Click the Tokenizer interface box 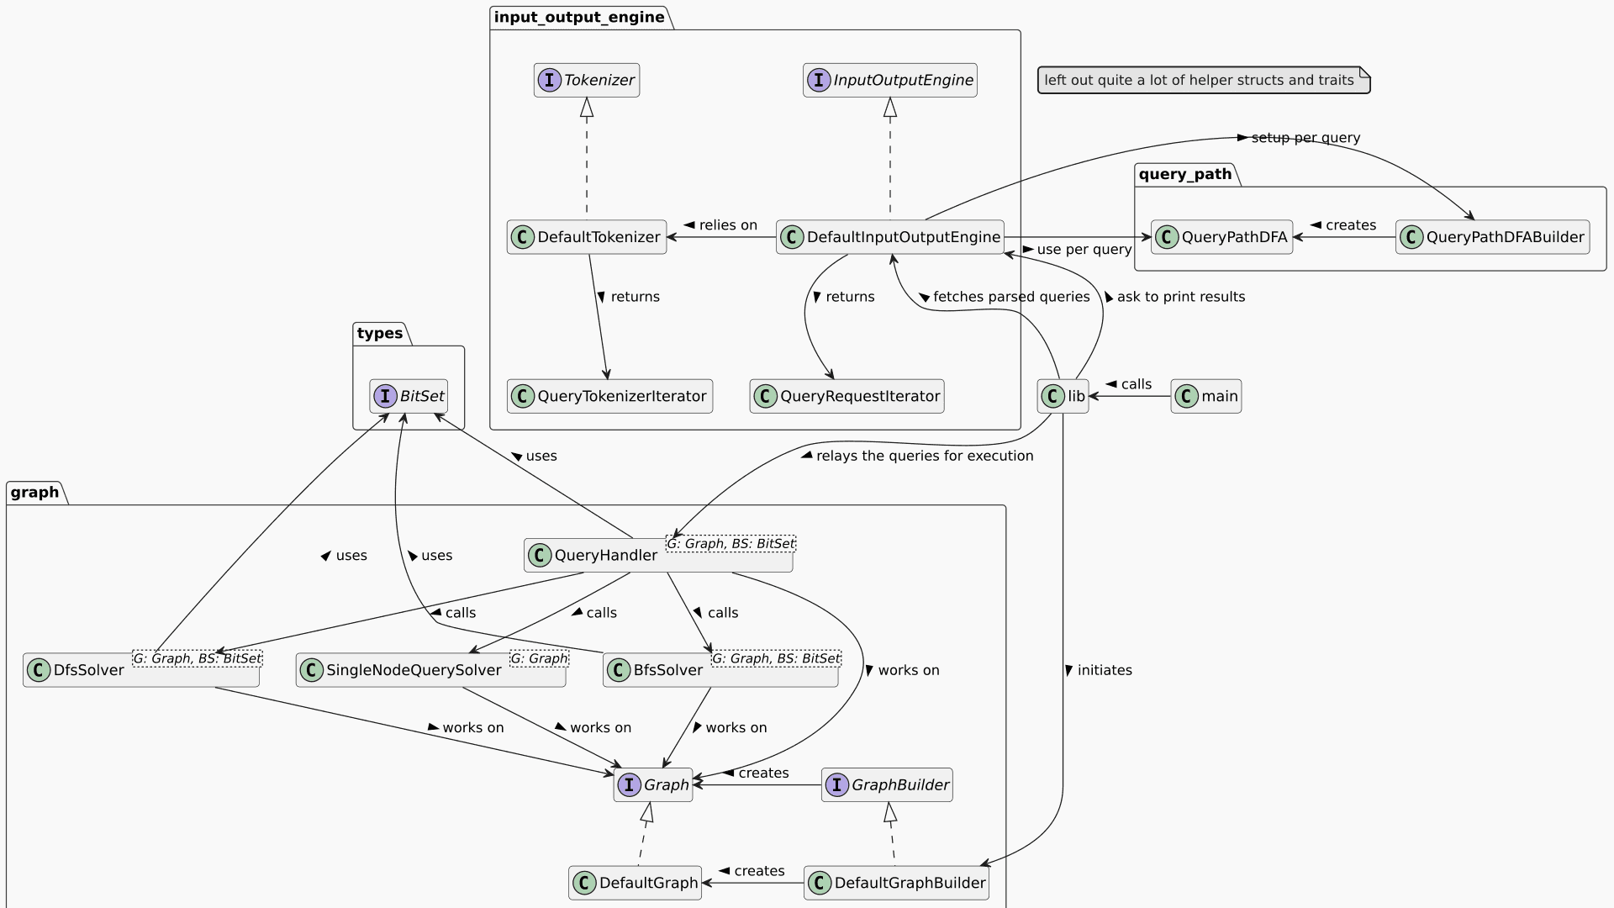587,81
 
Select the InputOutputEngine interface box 889,81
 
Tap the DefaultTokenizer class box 587,237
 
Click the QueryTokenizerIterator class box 609,396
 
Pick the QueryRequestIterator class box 847,396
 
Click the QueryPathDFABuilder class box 1492,237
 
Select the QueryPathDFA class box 1221,237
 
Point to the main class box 1206,396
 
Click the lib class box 1063,396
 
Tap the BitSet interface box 409,396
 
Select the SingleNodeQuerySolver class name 414,670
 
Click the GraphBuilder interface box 887,785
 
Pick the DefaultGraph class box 635,883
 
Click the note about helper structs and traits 1204,81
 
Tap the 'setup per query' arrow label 1305,138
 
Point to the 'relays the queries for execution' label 924,456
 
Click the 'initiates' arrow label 1104,670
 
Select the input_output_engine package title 579,18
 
